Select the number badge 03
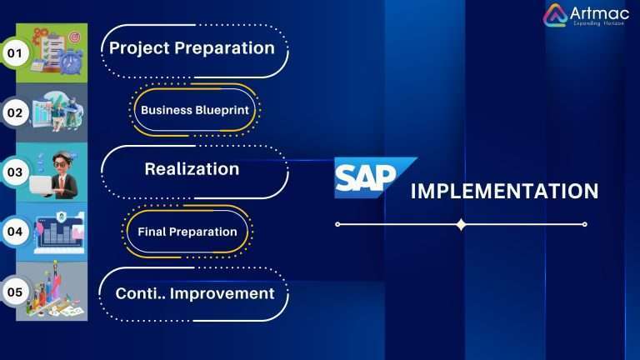click(x=14, y=172)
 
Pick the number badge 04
click(x=14, y=232)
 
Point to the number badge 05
click(x=14, y=292)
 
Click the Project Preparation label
click(x=192, y=48)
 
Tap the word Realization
click(x=192, y=169)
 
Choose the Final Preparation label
click(x=187, y=232)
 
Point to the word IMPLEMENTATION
click(x=504, y=192)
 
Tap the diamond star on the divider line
click(x=461, y=224)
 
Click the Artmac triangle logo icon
click(x=555, y=15)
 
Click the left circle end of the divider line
click(x=337, y=224)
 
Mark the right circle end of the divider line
click(x=585, y=224)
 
